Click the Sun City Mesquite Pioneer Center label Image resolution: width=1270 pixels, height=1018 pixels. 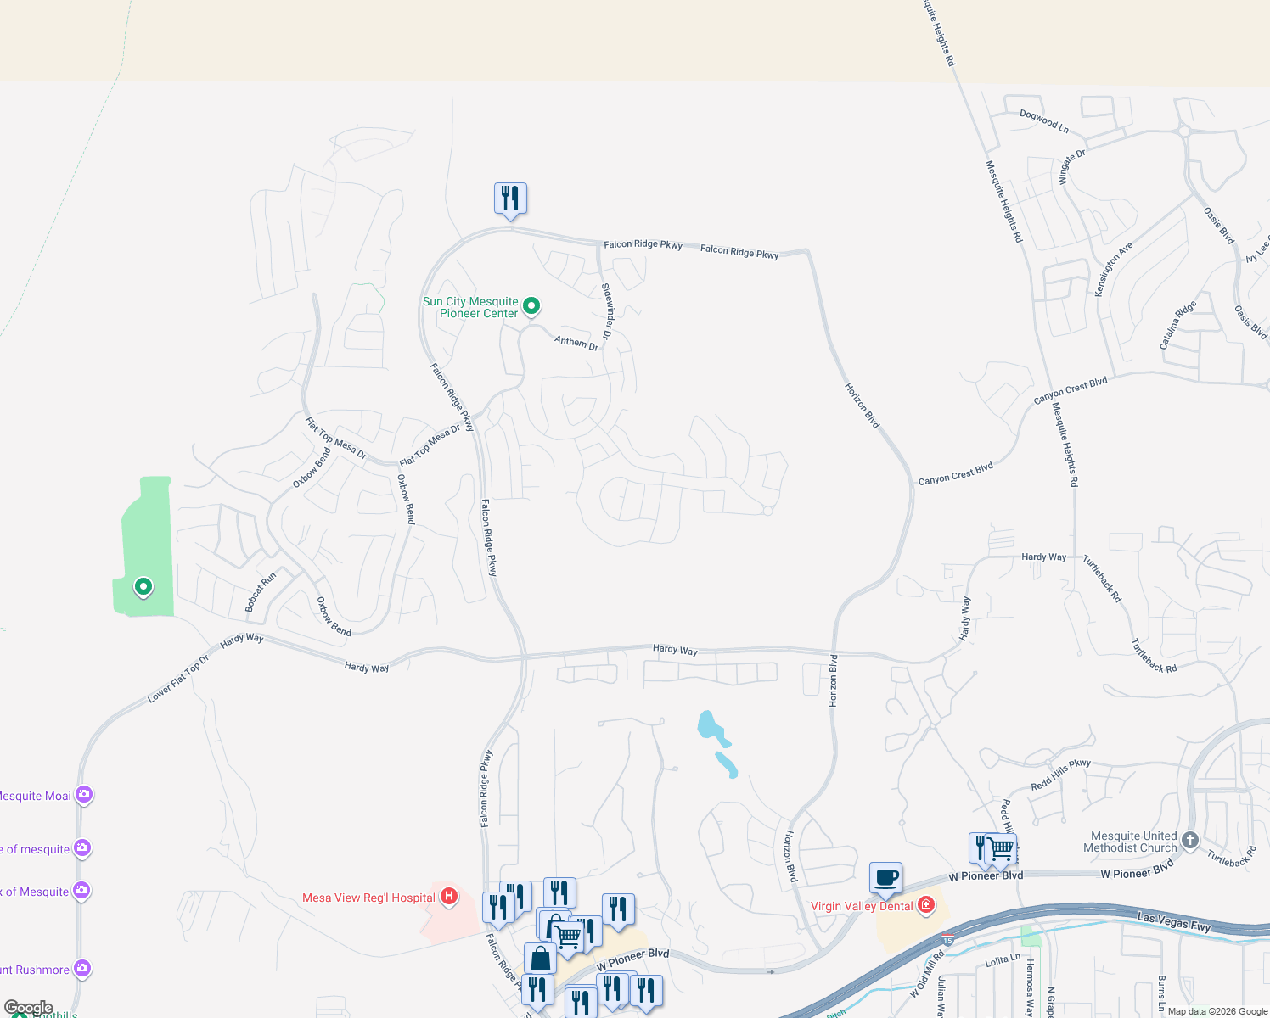point(470,307)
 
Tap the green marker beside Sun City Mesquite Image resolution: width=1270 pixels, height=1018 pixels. point(531,305)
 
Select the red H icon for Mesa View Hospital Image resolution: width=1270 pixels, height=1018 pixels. point(449,896)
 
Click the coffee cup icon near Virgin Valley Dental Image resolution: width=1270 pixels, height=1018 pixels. point(885,877)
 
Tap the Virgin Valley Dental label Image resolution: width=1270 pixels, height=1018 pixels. point(862,906)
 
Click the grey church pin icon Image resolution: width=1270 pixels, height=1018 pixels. point(1189,840)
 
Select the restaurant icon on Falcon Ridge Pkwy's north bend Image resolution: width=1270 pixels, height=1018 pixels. point(510,199)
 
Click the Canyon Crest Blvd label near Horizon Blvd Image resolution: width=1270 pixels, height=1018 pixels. point(955,473)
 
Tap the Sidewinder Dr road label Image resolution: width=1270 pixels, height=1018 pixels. point(607,311)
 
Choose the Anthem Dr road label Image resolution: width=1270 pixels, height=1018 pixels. point(576,342)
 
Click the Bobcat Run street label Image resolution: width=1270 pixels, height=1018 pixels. point(261,592)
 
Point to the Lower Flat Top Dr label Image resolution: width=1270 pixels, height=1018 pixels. point(178,679)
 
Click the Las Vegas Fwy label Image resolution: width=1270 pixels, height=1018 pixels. point(1174,921)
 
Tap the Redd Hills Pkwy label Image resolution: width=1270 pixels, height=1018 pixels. point(1060,775)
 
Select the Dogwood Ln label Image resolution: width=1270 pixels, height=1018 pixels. point(1043,121)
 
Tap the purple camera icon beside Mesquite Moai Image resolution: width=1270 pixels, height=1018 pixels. point(83,795)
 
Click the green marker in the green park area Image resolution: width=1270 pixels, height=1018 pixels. point(143,586)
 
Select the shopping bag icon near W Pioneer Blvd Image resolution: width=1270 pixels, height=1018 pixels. point(540,959)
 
